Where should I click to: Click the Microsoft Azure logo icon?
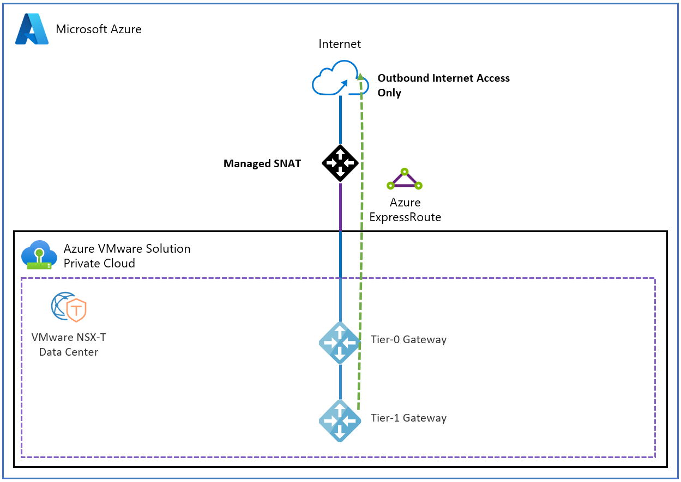click(32, 29)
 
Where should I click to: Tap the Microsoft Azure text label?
click(99, 29)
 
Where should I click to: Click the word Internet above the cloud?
click(340, 44)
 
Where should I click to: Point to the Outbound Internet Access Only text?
click(443, 86)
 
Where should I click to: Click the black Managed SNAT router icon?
click(340, 163)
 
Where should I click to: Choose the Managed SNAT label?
click(262, 163)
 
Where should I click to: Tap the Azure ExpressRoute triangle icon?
click(405, 180)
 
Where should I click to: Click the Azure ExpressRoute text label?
click(405, 210)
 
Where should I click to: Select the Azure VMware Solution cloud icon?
click(39, 255)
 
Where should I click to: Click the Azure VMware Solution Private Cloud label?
click(127, 256)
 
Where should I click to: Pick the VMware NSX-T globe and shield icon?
click(69, 307)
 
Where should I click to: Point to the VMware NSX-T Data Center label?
click(69, 345)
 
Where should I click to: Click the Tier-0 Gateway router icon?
click(340, 343)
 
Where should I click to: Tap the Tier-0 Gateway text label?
click(408, 340)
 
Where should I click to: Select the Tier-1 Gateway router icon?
click(340, 420)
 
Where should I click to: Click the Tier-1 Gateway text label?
click(408, 418)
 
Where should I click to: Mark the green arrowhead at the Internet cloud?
click(359, 76)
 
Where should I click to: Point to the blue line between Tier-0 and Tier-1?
click(340, 381)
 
